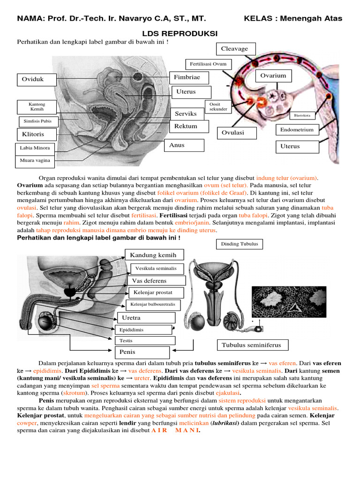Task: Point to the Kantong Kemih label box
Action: coord(37,106)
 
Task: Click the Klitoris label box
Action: coord(37,135)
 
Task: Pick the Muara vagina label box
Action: coord(35,161)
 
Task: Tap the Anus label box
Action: coord(186,145)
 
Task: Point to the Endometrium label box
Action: coord(297,130)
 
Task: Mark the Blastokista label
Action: coord(302,115)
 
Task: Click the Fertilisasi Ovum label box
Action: coord(208,64)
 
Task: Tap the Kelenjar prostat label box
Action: coord(152,292)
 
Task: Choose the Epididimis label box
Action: coord(144,330)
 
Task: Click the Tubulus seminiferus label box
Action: coord(252,345)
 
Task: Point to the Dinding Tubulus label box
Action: coord(239,244)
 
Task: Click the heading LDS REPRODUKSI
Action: coord(180,34)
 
